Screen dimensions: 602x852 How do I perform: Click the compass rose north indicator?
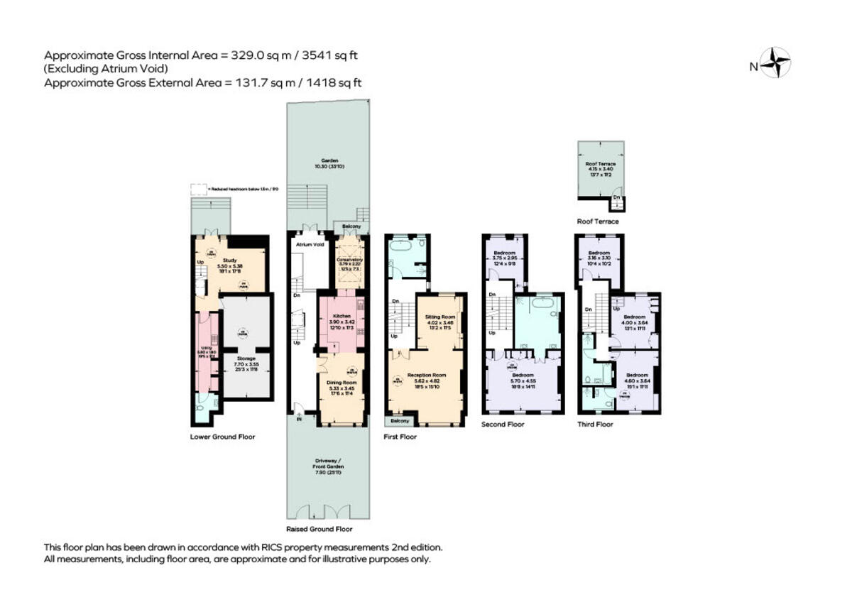tap(775, 62)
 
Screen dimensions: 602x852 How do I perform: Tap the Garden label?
tap(328, 160)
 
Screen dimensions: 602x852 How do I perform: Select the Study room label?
tap(229, 260)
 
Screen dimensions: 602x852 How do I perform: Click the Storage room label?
tap(246, 359)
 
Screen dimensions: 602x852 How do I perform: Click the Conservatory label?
tap(349, 260)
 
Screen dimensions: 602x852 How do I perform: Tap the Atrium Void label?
tap(310, 244)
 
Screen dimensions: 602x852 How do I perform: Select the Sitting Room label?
tap(439, 317)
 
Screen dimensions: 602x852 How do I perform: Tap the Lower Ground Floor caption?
tap(222, 437)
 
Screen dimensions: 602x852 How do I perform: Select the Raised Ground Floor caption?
tap(319, 529)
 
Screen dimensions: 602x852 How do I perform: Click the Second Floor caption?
tap(503, 424)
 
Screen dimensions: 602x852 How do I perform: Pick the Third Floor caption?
tap(595, 424)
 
